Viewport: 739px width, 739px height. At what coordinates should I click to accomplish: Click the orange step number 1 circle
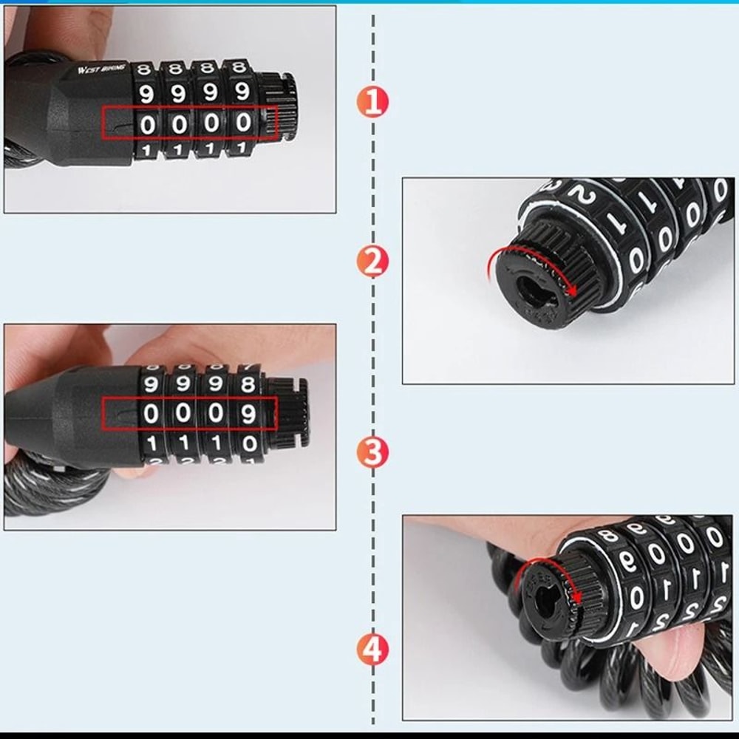[372, 102]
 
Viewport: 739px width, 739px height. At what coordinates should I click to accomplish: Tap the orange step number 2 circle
[372, 262]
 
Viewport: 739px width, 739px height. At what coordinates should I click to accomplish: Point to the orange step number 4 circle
[372, 650]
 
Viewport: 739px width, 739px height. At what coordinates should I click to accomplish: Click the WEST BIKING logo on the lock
[102, 69]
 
